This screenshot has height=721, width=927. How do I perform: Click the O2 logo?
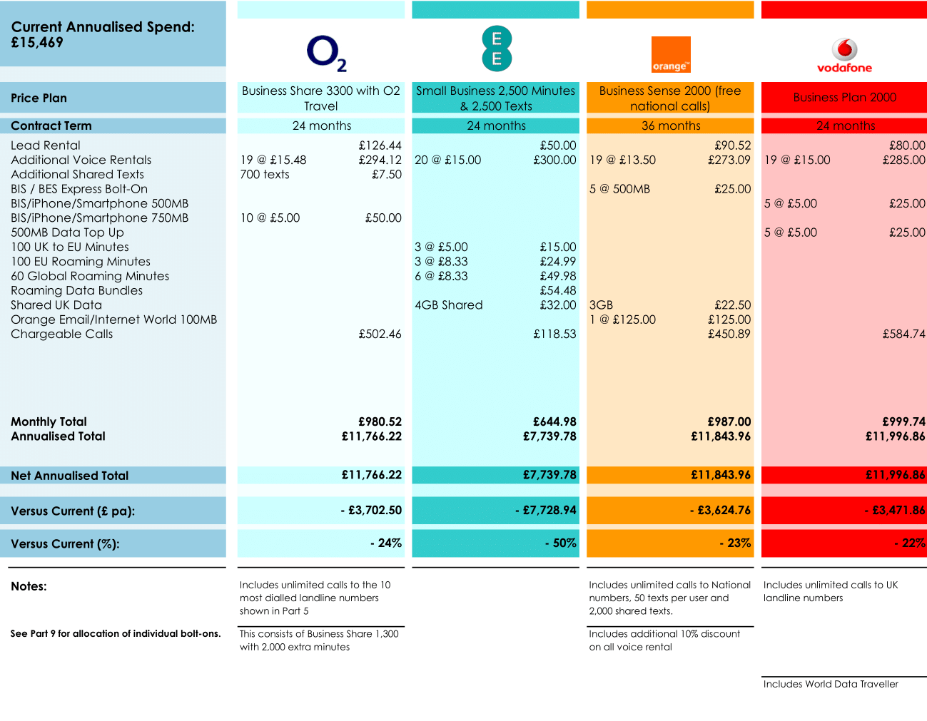(x=326, y=53)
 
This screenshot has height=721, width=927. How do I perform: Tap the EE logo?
(x=496, y=48)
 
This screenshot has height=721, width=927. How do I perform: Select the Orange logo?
(x=671, y=55)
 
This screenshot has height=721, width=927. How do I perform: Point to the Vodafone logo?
(x=844, y=55)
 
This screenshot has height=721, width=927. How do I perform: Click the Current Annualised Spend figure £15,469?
(x=37, y=43)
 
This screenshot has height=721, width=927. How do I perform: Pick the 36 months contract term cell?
(x=670, y=126)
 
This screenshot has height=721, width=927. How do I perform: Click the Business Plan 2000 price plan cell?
(x=844, y=98)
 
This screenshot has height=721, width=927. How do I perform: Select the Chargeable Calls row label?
(x=61, y=334)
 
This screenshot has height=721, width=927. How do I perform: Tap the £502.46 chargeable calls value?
(x=380, y=334)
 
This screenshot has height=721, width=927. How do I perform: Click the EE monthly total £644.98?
(x=554, y=421)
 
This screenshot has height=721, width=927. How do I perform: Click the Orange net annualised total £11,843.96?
(x=720, y=475)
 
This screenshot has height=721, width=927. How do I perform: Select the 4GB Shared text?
(x=448, y=305)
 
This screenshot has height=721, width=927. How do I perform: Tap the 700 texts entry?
(x=265, y=175)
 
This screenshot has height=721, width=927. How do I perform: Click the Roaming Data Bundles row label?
(x=76, y=290)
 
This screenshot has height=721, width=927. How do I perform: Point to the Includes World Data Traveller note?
(x=831, y=684)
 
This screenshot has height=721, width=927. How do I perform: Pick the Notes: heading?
(x=29, y=586)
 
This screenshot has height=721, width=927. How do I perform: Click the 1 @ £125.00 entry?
(x=622, y=319)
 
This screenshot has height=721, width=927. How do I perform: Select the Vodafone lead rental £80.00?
(x=906, y=145)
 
